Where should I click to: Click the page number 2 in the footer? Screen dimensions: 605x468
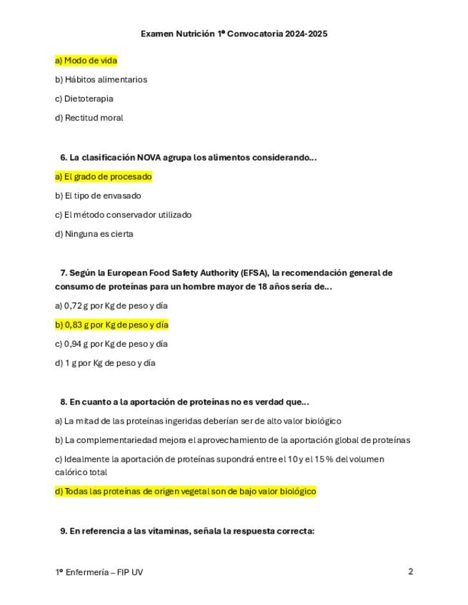[411, 571]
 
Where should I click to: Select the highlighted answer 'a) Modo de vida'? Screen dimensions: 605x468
[86, 61]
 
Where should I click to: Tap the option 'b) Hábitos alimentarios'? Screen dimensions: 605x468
[101, 80]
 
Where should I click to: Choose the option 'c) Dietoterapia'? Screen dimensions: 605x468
[84, 98]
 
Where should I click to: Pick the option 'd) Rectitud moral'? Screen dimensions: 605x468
[89, 118]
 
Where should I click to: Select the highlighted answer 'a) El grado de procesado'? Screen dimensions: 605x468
[103, 177]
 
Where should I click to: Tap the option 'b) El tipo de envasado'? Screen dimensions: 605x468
[98, 195]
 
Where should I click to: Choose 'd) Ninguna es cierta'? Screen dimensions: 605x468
[94, 234]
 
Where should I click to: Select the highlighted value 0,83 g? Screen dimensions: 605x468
[76, 325]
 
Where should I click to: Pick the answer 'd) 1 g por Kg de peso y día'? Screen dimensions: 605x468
[104, 363]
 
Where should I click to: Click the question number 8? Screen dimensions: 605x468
[64, 402]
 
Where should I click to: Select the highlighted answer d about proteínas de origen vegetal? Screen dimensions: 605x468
[185, 492]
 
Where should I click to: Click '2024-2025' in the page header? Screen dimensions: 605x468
[306, 34]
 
